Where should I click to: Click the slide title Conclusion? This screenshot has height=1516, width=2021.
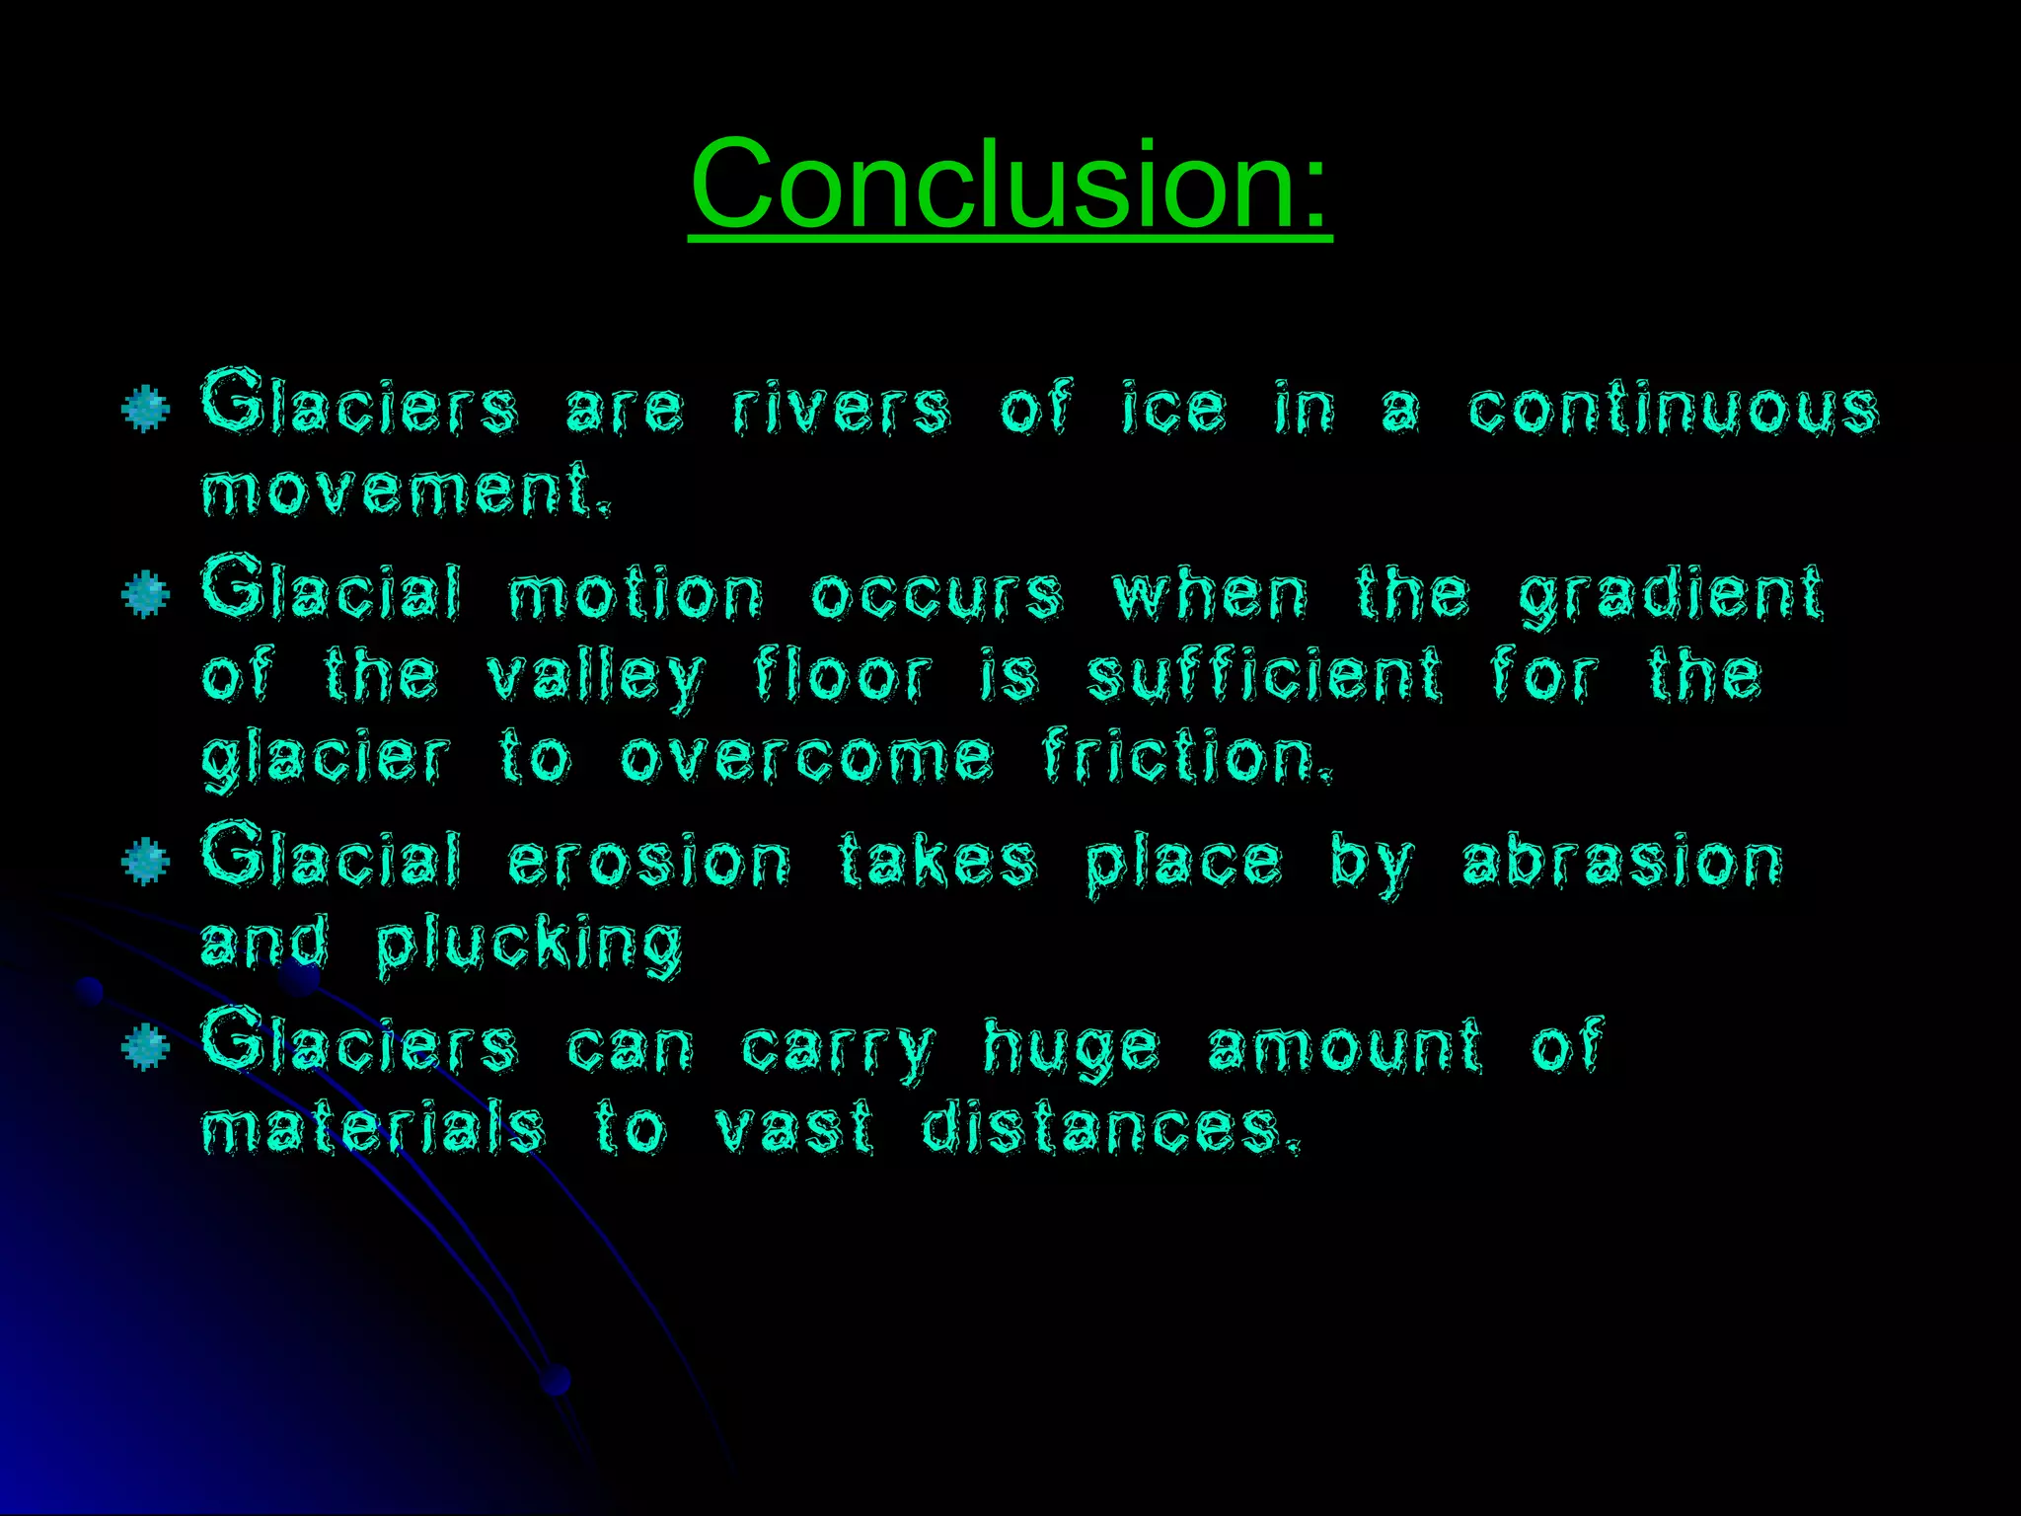tap(1010, 184)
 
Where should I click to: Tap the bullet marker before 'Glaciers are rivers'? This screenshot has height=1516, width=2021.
tap(146, 409)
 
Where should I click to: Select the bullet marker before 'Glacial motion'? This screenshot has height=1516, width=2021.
tap(146, 594)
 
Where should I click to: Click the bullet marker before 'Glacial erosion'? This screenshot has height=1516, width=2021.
tap(146, 862)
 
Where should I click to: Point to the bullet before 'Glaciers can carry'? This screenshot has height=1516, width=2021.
tap(146, 1047)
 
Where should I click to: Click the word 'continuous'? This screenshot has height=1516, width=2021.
tap(1674, 410)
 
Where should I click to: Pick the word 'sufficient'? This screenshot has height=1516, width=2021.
tap(1265, 676)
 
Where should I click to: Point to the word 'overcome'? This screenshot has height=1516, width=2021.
tap(806, 758)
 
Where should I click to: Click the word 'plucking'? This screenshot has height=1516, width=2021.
tap(530, 946)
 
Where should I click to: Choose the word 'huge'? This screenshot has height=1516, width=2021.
tap(1071, 1049)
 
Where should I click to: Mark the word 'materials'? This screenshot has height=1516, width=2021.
tap(373, 1128)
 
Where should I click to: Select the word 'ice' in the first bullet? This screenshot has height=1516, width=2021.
tap(1173, 410)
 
